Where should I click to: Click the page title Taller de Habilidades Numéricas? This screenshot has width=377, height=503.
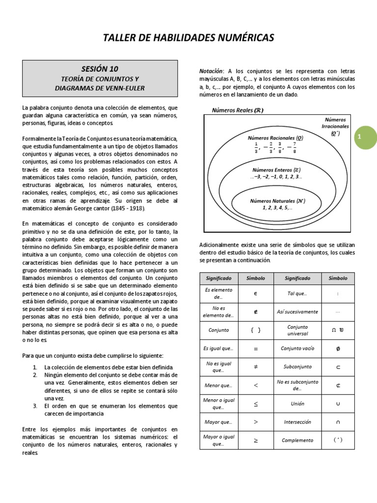point(188,38)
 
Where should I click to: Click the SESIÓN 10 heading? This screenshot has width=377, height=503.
point(100,68)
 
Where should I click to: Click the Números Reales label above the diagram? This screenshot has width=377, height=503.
point(238,111)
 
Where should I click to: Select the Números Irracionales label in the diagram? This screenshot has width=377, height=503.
point(335,126)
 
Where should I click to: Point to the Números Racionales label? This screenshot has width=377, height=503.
point(275,138)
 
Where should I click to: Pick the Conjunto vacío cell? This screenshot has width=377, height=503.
point(297,348)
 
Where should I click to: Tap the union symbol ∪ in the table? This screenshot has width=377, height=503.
point(338,403)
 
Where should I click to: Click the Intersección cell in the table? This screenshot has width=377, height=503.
point(297,421)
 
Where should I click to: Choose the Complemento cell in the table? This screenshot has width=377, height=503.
point(297,440)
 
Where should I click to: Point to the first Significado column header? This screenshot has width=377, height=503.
point(215,278)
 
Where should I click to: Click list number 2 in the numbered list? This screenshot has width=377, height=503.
point(35,375)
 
